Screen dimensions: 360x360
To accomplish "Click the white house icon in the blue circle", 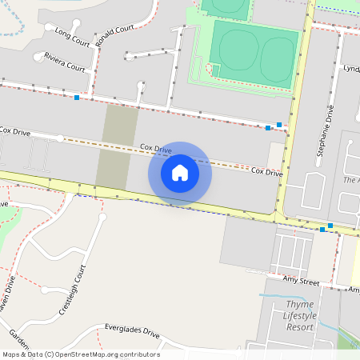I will tap(180, 173).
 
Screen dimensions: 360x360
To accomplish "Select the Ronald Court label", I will tap(114, 35).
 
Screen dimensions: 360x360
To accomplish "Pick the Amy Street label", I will tap(302, 282).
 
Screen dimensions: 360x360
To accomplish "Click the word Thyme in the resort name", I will tap(299, 305).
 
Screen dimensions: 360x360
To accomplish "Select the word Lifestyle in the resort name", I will tap(299, 316).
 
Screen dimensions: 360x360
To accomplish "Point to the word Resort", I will tap(300, 327).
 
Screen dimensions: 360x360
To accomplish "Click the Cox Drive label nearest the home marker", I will tap(156, 149).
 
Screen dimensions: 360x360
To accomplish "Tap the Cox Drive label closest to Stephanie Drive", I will tap(266, 172).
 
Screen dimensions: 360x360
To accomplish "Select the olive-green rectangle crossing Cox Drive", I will tap(117, 147).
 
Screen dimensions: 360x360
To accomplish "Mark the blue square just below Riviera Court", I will tap(77, 98).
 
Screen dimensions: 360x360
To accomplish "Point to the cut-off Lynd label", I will tap(350, 70).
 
